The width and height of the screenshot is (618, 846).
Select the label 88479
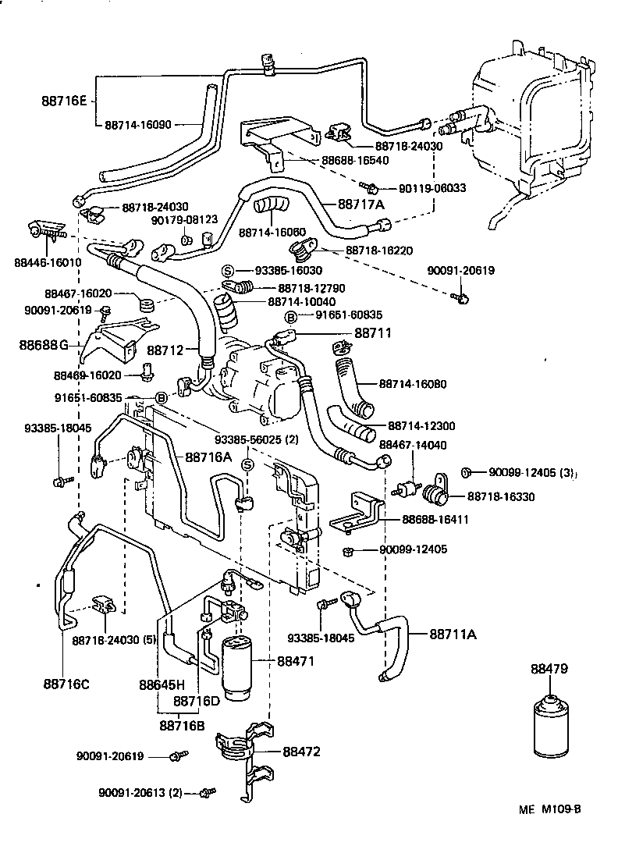[550, 669]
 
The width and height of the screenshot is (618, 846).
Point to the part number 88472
[301, 752]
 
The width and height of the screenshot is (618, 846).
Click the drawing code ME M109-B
[550, 809]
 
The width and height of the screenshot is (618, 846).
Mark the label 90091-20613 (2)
[140, 792]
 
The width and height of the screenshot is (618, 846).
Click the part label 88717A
[361, 204]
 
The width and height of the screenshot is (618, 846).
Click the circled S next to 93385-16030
[228, 270]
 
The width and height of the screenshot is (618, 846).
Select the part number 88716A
[208, 457]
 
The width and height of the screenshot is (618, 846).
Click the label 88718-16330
[501, 496]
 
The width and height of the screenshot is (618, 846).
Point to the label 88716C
[66, 684]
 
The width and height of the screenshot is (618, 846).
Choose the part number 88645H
[162, 684]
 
